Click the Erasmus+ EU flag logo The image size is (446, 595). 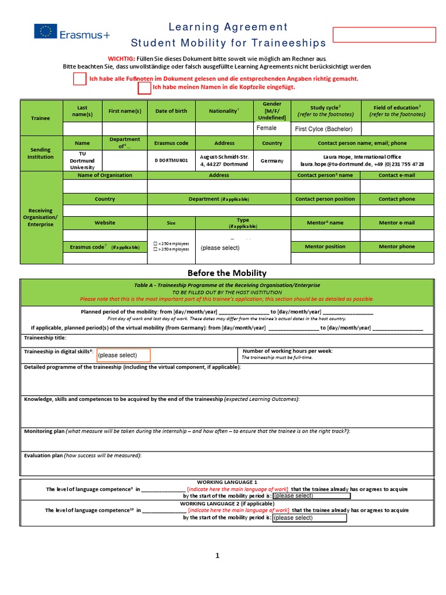click(x=45, y=32)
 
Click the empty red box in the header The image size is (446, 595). click(x=384, y=35)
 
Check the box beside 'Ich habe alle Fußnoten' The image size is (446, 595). click(x=80, y=79)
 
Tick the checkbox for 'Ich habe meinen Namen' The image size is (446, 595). click(x=144, y=88)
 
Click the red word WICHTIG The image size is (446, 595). click(x=121, y=59)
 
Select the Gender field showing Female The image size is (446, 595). click(x=272, y=128)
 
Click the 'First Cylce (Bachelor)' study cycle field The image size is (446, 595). click(x=325, y=129)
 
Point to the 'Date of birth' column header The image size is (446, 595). click(x=171, y=111)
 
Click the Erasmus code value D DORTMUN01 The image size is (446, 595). click(x=171, y=160)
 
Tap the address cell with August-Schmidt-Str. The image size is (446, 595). click(x=224, y=160)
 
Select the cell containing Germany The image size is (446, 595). click(x=272, y=160)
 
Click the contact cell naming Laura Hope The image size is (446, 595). click(x=362, y=160)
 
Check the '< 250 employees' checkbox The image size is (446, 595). click(x=154, y=243)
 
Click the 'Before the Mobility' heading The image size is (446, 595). click(x=226, y=273)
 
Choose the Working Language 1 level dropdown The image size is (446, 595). click(x=311, y=496)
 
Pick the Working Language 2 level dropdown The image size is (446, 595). click(x=309, y=518)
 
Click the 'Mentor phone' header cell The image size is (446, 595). click(x=397, y=246)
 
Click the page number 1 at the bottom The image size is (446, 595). click(x=218, y=556)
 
